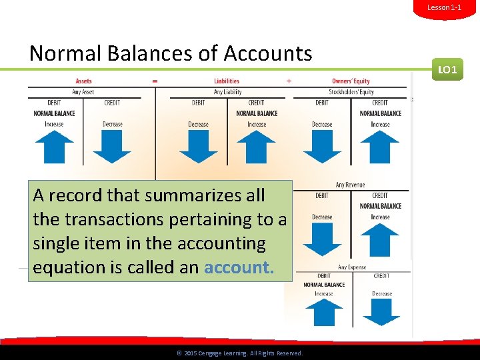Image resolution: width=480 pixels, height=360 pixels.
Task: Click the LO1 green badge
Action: pos(447,69)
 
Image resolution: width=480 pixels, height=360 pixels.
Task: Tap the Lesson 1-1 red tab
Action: pos(444,7)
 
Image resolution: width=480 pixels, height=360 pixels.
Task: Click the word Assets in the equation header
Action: pos(83,81)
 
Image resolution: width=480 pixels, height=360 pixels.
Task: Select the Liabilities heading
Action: pos(227,81)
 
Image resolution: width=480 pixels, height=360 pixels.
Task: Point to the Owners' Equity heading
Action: pos(351,81)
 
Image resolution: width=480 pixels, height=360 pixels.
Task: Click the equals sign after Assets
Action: pos(155,81)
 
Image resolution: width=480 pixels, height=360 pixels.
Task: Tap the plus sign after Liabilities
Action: pos(289,81)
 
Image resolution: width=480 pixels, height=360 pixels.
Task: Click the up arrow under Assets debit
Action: pos(55,147)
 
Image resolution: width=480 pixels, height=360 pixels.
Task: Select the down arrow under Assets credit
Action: pos(112,147)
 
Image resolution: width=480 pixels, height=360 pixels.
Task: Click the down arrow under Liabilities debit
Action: pos(199,147)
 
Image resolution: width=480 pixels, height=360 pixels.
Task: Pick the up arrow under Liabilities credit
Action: pos(256,147)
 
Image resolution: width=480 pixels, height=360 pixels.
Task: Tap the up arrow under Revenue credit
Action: pos(380,239)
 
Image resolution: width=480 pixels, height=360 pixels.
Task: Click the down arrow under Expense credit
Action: pos(382,312)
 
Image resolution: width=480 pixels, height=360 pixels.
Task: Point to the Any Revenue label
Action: pos(351,185)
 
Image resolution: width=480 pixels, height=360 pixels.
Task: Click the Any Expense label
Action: pos(352,267)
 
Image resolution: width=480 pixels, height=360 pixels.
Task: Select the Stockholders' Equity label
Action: pos(351,92)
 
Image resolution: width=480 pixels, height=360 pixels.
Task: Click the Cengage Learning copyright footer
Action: pos(239,353)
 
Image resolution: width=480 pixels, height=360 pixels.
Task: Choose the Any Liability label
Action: pos(227,92)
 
